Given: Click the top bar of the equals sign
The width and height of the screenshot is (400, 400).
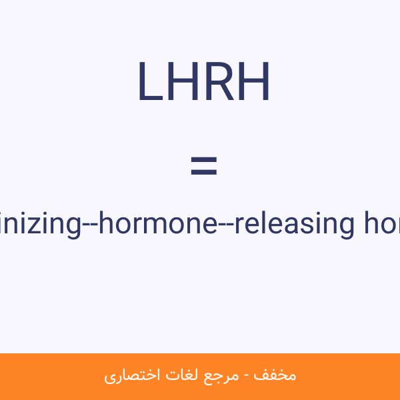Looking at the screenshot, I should coord(203,160).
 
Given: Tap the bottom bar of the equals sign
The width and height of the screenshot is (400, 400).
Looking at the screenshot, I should coord(203,173).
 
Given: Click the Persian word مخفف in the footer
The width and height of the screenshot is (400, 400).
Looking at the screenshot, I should coord(280,375).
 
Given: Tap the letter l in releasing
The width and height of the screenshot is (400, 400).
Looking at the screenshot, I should coord(260,223).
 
